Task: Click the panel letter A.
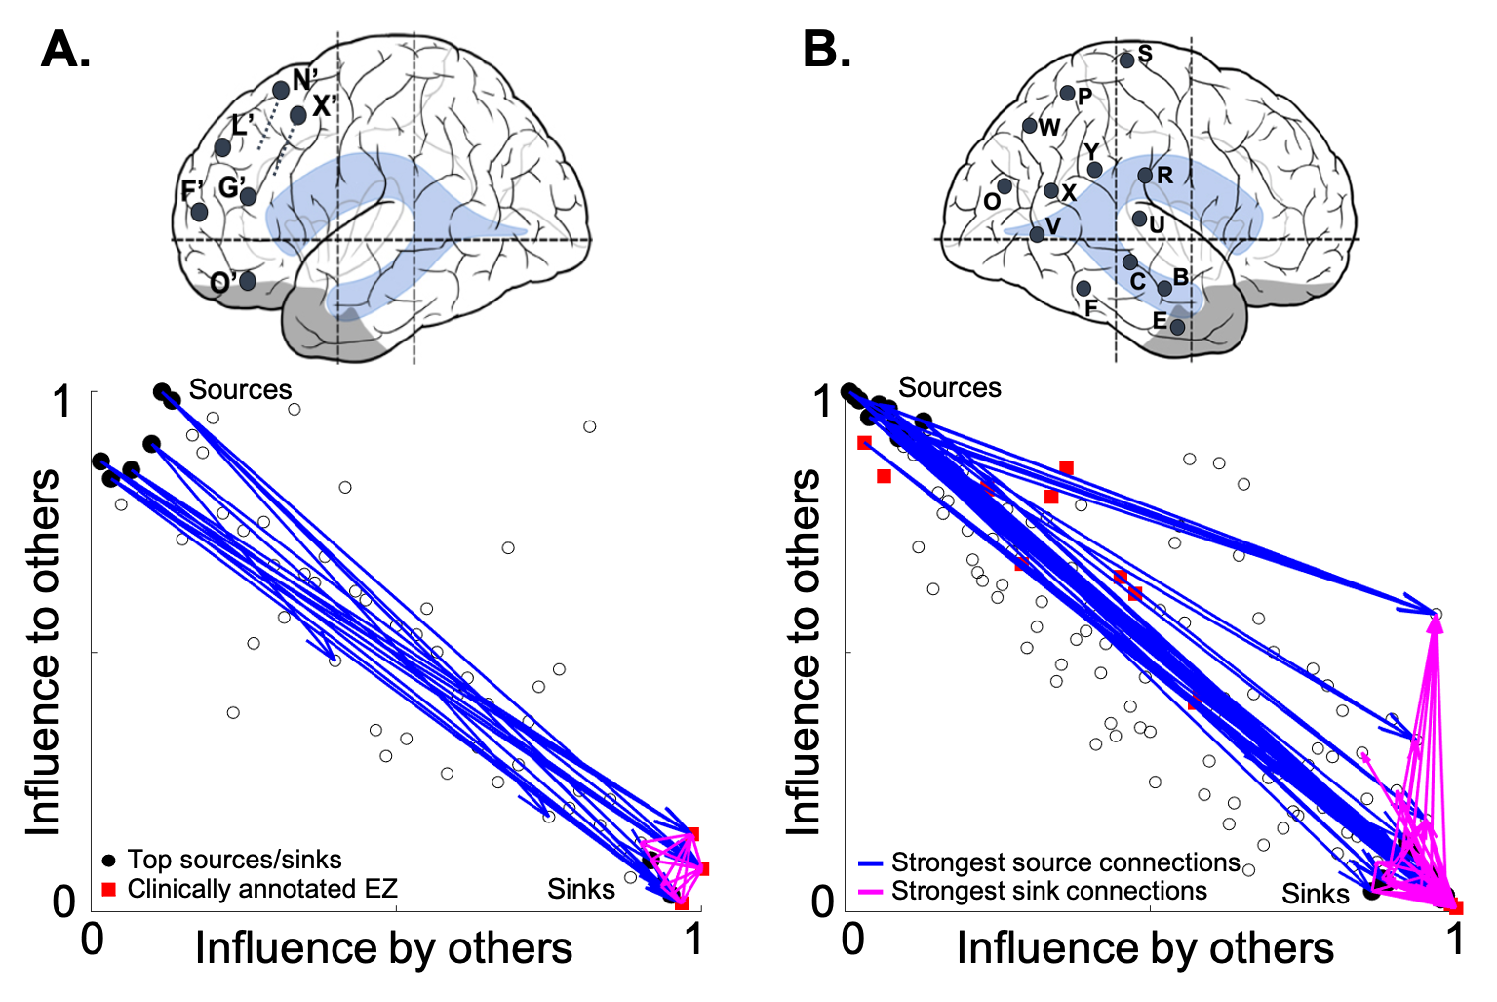[x=65, y=49]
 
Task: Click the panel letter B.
[x=825, y=49]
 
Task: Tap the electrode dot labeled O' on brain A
[x=248, y=281]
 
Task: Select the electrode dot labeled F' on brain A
[x=199, y=212]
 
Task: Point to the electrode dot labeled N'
[x=281, y=90]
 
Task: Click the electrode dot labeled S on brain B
[x=1126, y=60]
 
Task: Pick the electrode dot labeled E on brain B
[x=1177, y=327]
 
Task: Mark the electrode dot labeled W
[x=1030, y=126]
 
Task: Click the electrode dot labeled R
[x=1145, y=176]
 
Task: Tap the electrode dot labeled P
[x=1067, y=94]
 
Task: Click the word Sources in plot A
[x=240, y=389]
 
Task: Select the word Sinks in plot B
[x=1315, y=894]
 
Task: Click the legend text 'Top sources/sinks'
[x=234, y=860]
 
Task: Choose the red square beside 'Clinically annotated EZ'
[x=109, y=889]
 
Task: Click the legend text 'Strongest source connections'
[x=1065, y=862]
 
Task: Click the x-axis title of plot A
[x=383, y=948]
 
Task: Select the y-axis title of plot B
[x=805, y=652]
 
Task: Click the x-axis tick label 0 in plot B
[x=853, y=939]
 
